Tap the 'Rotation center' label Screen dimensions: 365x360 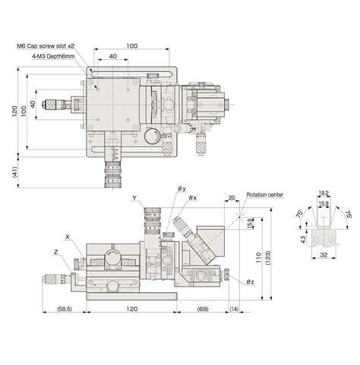(264, 195)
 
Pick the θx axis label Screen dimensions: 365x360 (193, 198)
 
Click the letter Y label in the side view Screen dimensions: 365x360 (134, 198)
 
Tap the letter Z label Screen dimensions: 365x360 (57, 251)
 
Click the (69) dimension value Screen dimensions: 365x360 (203, 310)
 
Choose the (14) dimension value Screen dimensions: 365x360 (233, 310)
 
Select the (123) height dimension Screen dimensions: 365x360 (268, 257)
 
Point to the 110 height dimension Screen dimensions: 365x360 (258, 257)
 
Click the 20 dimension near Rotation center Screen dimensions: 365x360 (232, 200)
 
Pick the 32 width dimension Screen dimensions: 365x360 (324, 256)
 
